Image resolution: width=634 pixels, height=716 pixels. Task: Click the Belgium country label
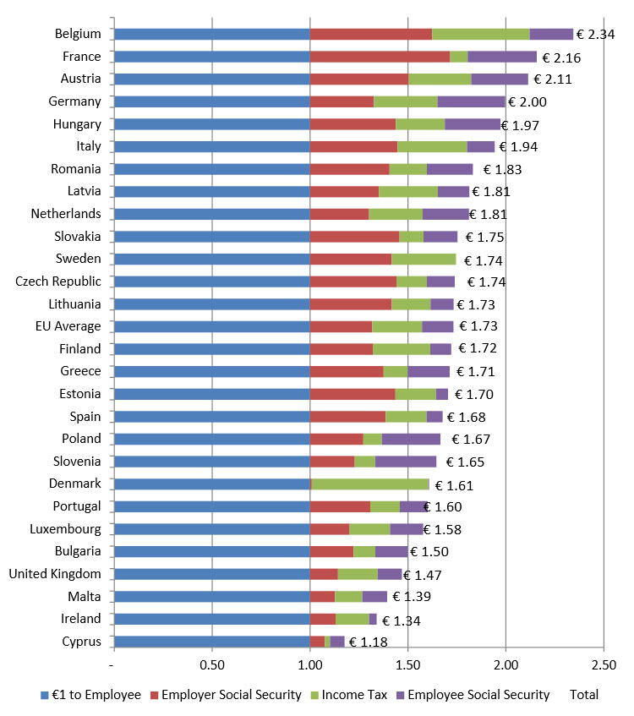pos(78,34)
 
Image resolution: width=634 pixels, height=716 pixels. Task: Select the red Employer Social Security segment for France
pos(380,57)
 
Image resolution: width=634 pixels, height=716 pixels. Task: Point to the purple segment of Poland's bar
pos(411,439)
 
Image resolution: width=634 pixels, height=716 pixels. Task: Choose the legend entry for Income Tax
pos(353,695)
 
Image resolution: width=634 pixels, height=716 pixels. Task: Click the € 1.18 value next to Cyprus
pos(368,642)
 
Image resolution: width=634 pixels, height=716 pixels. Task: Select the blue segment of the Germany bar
pos(211,101)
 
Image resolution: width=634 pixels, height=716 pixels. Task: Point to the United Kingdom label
pos(55,574)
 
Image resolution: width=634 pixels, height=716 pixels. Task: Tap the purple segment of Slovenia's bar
pos(406,462)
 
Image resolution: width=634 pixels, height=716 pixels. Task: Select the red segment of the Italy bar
pos(342,146)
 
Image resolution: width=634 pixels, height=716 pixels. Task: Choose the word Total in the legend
pos(584,695)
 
